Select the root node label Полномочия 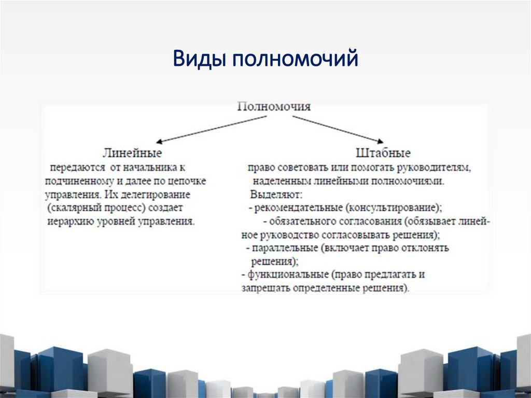274,107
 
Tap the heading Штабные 383,153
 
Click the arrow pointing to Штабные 337,128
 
